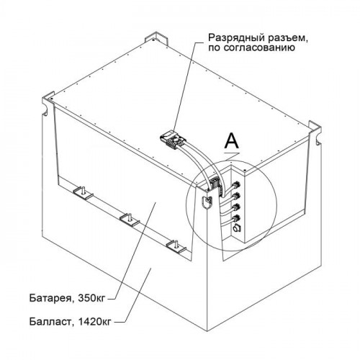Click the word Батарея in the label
[x=50, y=298]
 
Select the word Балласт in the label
[x=50, y=321]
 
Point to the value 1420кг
[x=93, y=321]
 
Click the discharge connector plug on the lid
[x=172, y=140]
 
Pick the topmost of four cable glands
[x=235, y=185]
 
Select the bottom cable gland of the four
[x=235, y=218]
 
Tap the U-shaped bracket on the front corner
[x=207, y=202]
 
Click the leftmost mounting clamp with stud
[x=82, y=193]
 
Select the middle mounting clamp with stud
[x=129, y=219]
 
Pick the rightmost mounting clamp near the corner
[x=176, y=246]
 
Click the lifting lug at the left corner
[x=48, y=105]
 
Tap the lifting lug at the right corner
[x=315, y=133]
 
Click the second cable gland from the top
[x=235, y=196]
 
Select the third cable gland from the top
[x=235, y=207]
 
